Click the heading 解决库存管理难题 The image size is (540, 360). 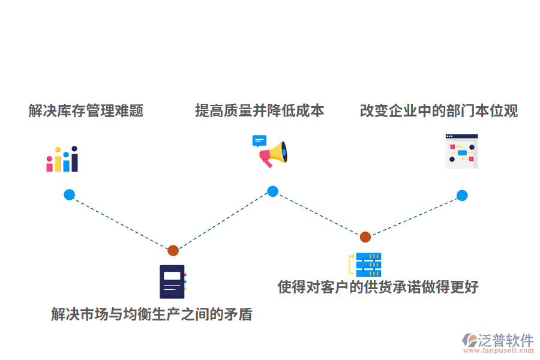[86, 111]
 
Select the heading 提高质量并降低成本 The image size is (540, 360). [259, 111]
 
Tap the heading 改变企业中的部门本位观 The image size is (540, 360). [439, 111]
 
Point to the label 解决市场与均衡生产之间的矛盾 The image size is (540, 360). [151, 314]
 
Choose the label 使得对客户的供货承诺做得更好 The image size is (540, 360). [377, 287]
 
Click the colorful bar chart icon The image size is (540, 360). [62, 160]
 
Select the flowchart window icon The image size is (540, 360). [461, 151]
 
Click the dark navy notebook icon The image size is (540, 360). [172, 281]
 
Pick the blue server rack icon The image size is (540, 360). [367, 264]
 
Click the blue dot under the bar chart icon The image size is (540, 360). [69, 194]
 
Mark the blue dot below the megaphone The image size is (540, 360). [272, 191]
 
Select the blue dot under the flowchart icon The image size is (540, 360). [461, 195]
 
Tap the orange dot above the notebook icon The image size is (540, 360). [173, 250]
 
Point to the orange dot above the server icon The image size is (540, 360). [365, 237]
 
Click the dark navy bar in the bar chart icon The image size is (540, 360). [74, 161]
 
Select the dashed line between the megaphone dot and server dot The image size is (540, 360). [319, 214]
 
